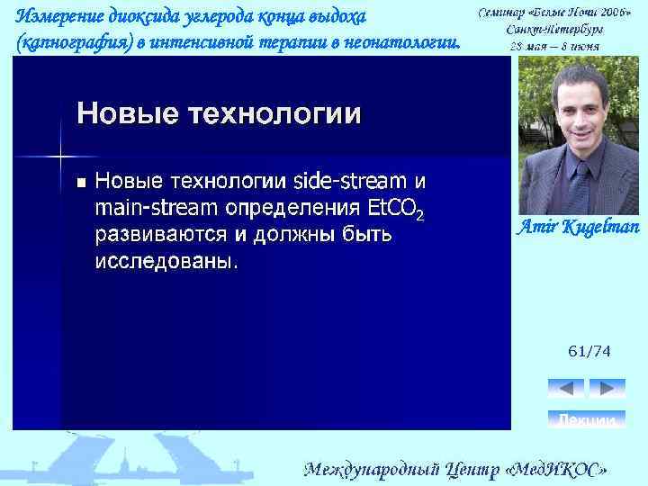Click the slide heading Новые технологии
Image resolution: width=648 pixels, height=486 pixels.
click(219, 114)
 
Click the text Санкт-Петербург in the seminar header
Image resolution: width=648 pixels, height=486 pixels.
click(554, 29)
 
